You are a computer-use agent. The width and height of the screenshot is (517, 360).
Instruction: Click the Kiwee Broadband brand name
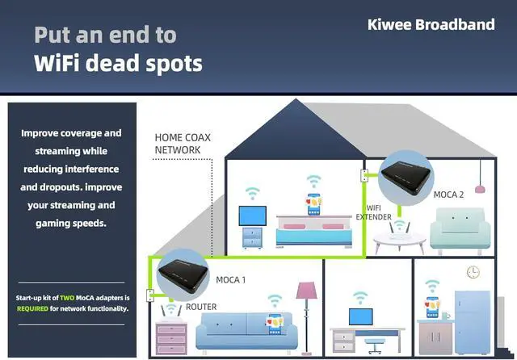point(431,24)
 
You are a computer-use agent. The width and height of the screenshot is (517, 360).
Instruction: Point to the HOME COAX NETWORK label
point(183,144)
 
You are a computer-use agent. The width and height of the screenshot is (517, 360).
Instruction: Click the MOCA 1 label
point(230,280)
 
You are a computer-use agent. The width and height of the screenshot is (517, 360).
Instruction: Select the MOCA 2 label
point(448,195)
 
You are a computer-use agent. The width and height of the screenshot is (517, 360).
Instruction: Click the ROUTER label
point(201,308)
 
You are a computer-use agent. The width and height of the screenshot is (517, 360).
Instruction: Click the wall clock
point(473,273)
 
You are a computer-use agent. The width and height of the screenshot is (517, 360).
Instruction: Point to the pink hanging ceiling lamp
point(481,186)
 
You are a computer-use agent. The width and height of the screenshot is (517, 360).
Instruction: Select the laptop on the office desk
point(360,316)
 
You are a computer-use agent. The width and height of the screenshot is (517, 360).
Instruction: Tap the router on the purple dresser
point(170,312)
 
